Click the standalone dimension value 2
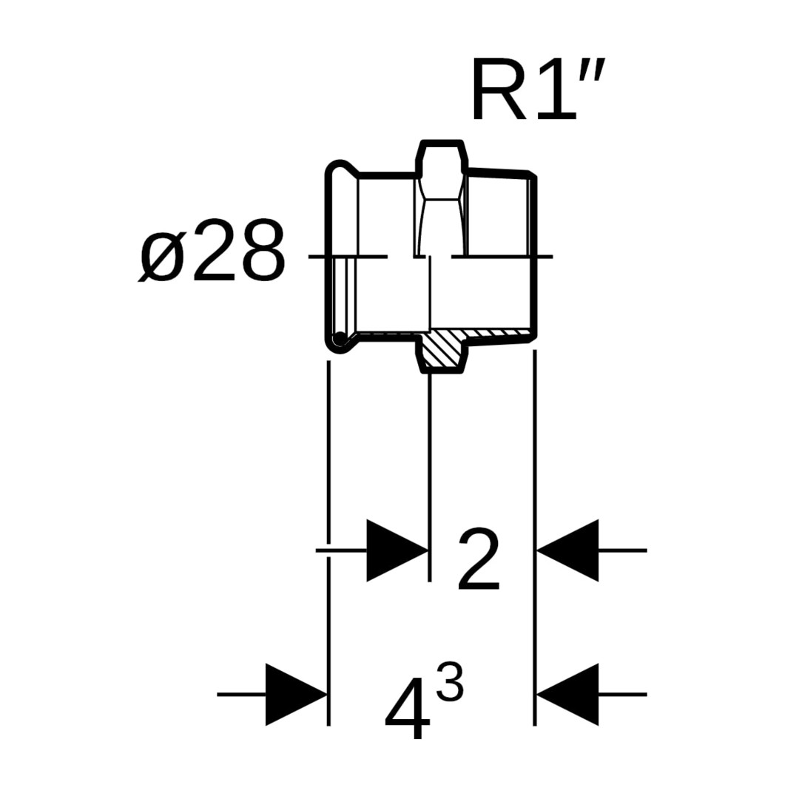[x=479, y=559]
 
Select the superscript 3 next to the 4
[x=450, y=682]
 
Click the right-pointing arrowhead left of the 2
[x=397, y=550]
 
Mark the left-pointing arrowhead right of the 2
[x=568, y=550]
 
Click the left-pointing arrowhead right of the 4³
[x=568, y=695]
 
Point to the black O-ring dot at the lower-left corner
[x=340, y=339]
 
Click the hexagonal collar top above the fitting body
[x=442, y=142]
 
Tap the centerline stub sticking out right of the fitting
[x=545, y=257]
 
